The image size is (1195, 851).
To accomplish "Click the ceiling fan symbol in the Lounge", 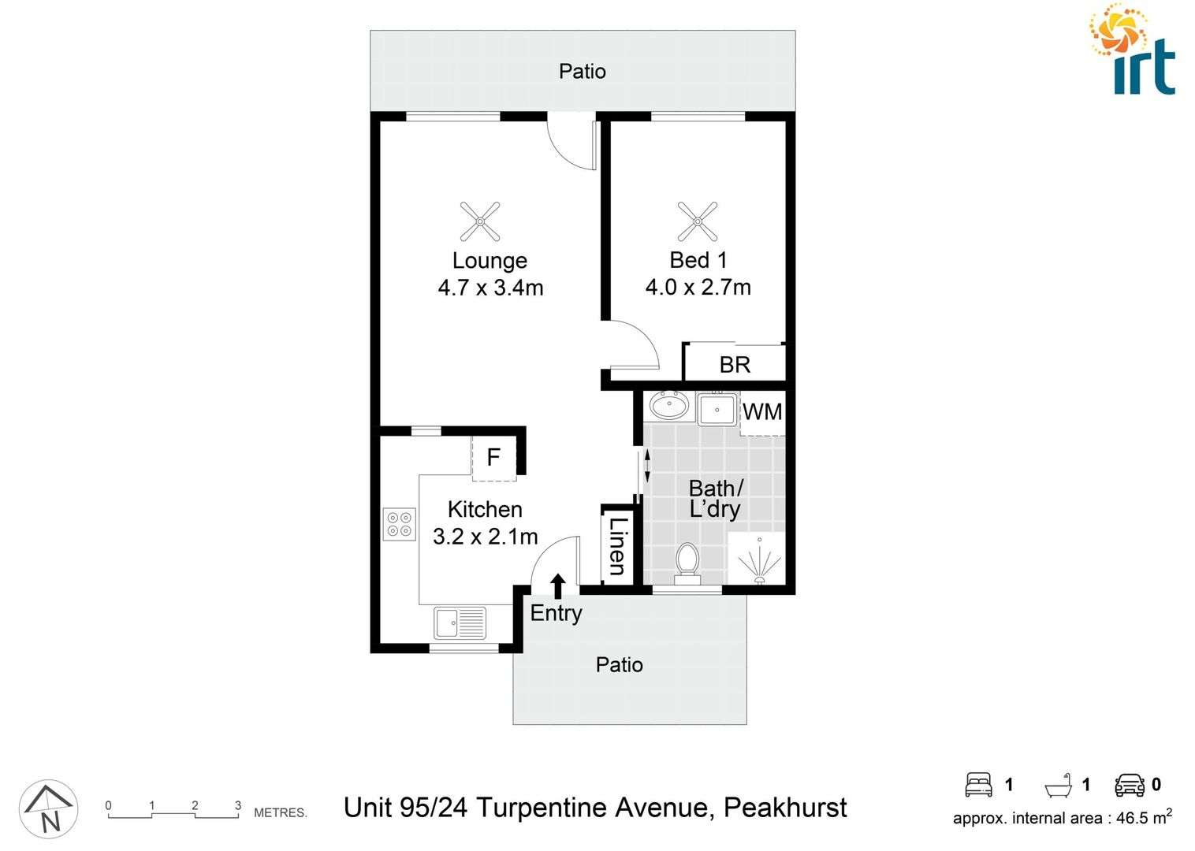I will point(480,221).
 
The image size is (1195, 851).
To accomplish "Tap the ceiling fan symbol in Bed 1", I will point(698,221).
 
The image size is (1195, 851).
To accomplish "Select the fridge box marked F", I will point(494,457).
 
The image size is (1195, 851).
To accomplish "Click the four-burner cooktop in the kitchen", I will point(400,524).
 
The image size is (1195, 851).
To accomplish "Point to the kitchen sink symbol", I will point(460,623).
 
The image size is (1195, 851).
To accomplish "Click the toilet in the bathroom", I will point(687,562).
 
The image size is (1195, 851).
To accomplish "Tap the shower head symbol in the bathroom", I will point(759,561).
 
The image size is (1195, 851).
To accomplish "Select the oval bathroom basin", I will point(669,407).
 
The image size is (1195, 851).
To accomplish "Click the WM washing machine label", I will point(762,411).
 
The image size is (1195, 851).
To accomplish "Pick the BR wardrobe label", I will point(735,365).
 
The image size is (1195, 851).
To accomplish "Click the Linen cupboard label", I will point(617,546).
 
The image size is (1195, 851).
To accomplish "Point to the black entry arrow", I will point(558,586).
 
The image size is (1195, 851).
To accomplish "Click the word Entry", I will point(556,613).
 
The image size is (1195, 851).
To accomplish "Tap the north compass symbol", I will point(49,809).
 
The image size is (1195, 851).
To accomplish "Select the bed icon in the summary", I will point(978,784).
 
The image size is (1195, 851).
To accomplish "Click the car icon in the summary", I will point(1130,785).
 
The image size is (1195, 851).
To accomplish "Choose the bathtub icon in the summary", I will point(1059,786).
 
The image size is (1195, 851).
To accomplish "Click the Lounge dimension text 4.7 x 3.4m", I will point(490,288).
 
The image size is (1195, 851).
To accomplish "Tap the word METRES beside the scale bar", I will point(280,812).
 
